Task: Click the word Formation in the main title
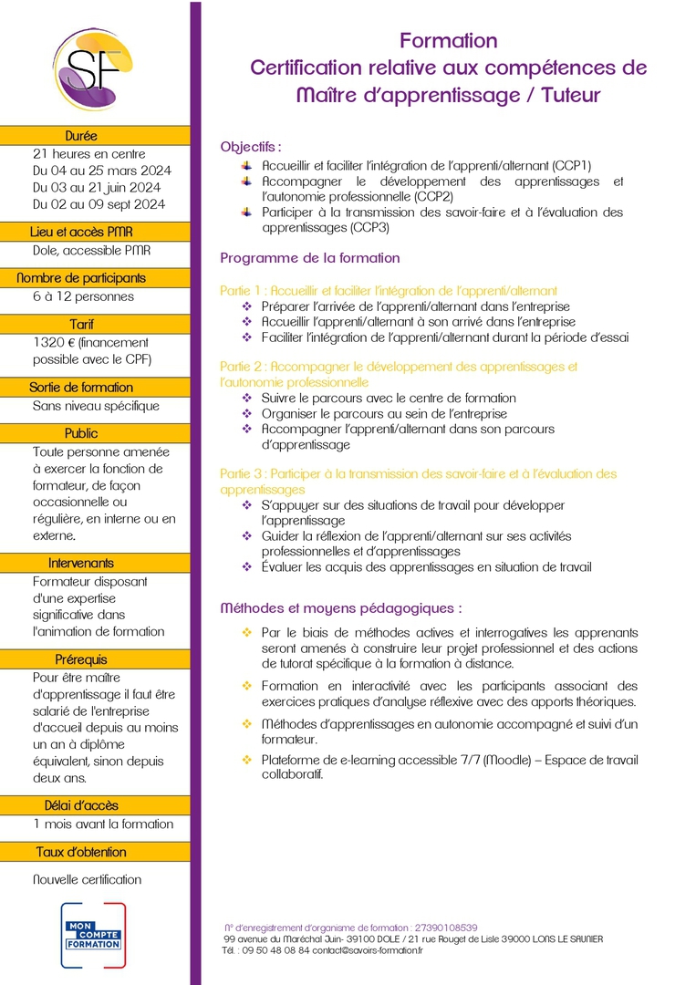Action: pos(449,41)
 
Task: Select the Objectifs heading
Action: pos(251,146)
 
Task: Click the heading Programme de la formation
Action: pos(310,258)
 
